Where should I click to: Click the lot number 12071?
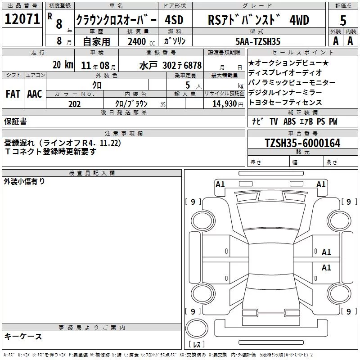pyautogui.click(x=22, y=19)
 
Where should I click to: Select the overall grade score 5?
pyautogui.click(x=343, y=20)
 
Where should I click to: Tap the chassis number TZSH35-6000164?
pyautogui.click(x=302, y=143)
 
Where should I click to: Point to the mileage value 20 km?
pyautogui.click(x=63, y=65)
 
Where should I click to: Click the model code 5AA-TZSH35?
pyautogui.click(x=258, y=41)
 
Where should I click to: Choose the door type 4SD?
pyautogui.click(x=174, y=20)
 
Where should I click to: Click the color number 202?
pyautogui.click(x=74, y=104)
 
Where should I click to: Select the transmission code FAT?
pyautogui.click(x=13, y=94)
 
